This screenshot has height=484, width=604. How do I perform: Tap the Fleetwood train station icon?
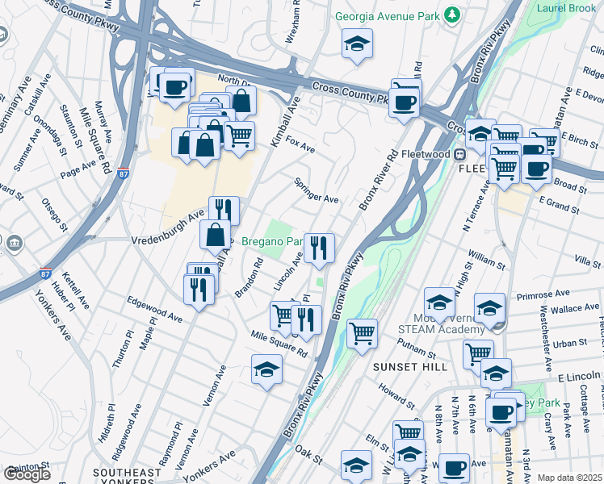point(459,154)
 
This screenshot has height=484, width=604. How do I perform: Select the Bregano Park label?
point(272,241)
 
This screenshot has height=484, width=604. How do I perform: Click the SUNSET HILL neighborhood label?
point(404,366)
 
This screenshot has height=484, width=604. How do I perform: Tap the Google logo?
point(27,474)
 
